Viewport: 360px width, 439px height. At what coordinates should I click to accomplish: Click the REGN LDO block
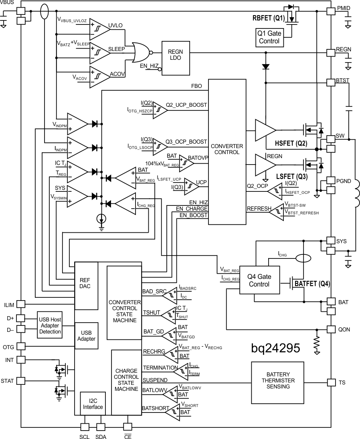click(x=176, y=58)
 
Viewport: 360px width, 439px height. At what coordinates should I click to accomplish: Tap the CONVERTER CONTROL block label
click(x=227, y=149)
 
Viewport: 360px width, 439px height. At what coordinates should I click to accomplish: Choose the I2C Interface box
click(x=93, y=403)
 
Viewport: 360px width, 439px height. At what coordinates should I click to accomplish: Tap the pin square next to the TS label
click(x=331, y=382)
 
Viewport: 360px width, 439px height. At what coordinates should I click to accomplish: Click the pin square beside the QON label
click(x=331, y=329)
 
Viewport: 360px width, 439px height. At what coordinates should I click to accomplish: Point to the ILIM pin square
click(x=20, y=305)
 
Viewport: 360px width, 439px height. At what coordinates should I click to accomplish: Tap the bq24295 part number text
click(x=275, y=348)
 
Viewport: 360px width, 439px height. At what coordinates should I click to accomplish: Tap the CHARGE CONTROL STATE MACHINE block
click(x=126, y=382)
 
